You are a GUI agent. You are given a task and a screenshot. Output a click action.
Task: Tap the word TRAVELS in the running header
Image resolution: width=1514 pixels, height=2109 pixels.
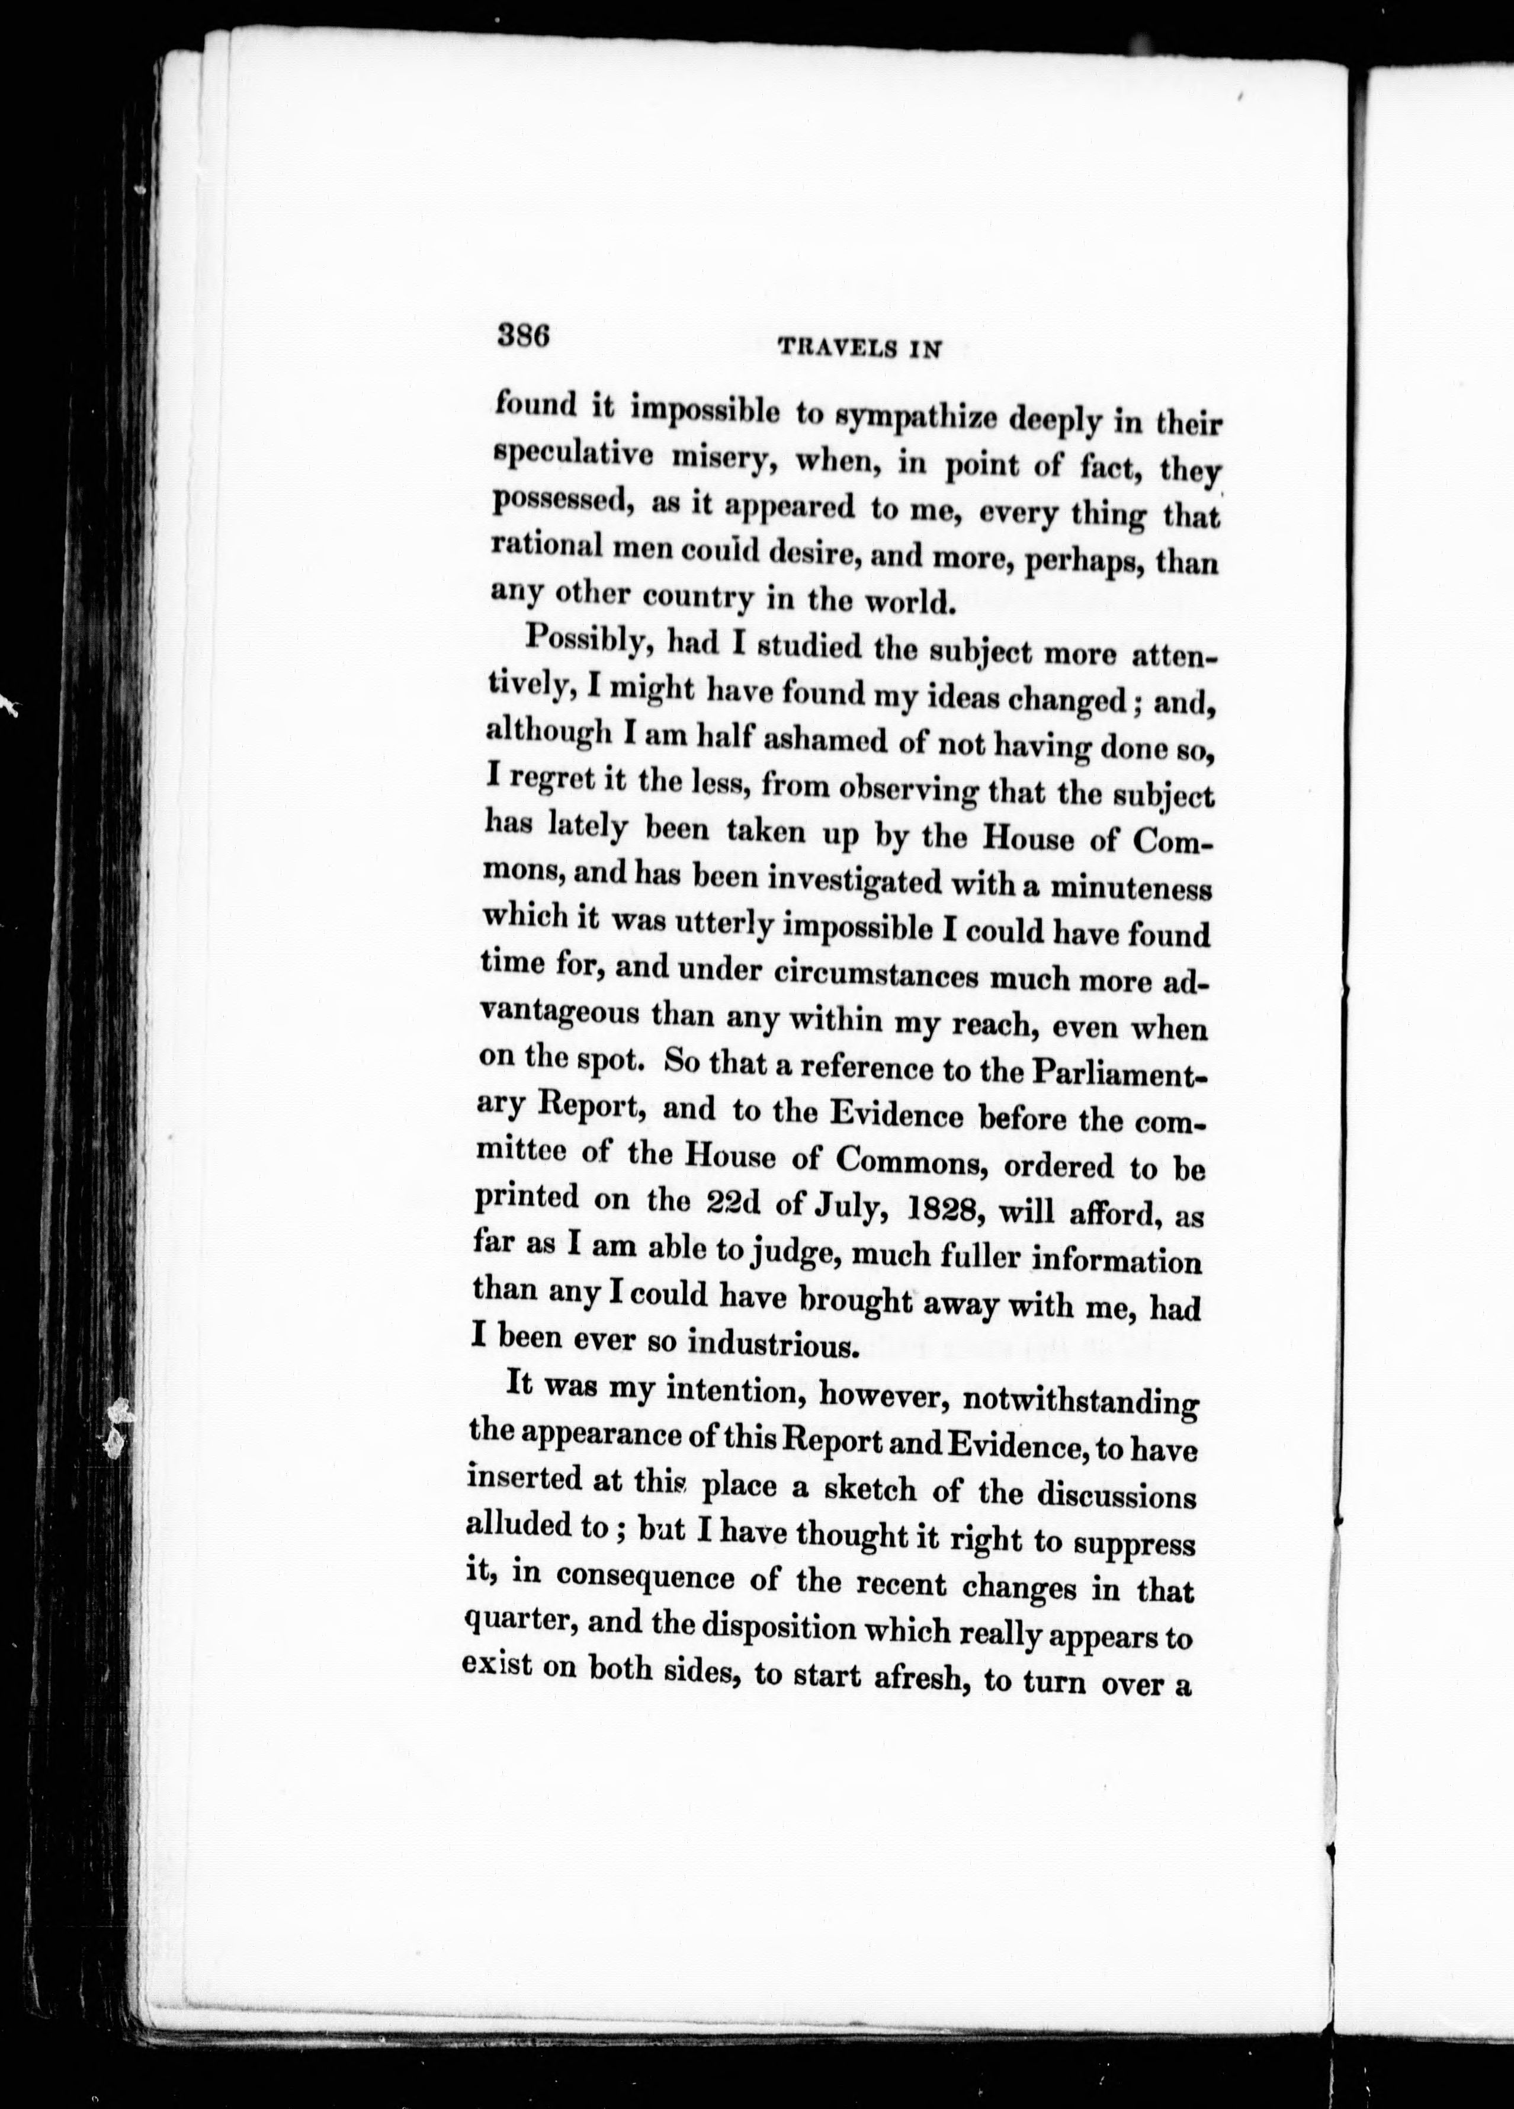coord(836,349)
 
